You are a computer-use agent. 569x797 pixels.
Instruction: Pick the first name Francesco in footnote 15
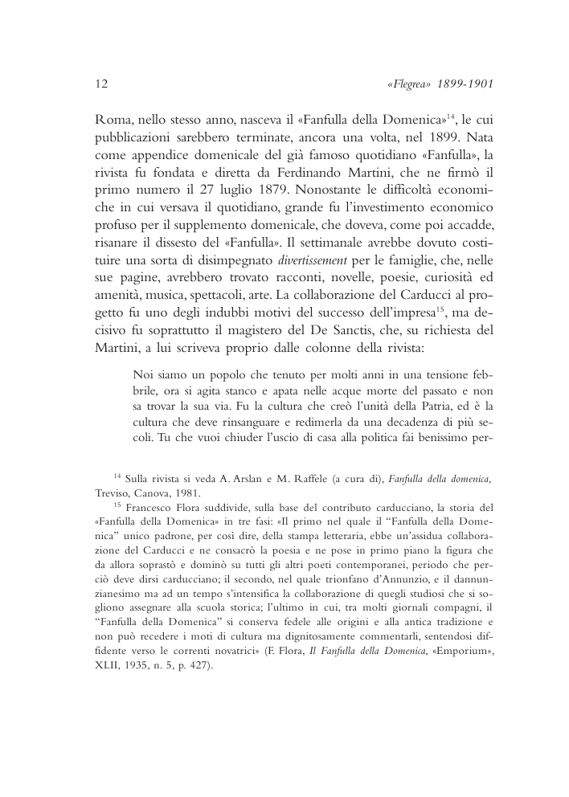[x=150, y=509]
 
